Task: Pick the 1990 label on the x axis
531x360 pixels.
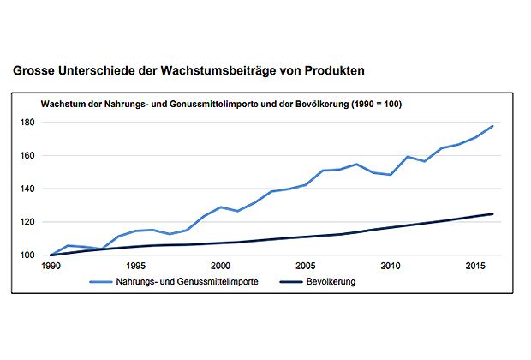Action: point(51,267)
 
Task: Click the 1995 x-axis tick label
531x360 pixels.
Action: point(135,267)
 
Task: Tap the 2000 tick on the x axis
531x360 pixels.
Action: point(220,267)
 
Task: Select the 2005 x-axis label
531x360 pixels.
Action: point(306,267)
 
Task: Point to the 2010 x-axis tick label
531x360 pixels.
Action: point(391,267)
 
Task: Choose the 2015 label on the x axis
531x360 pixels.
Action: point(476,267)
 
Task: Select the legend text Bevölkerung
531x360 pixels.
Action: point(331,280)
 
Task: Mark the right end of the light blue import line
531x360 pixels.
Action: point(493,126)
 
